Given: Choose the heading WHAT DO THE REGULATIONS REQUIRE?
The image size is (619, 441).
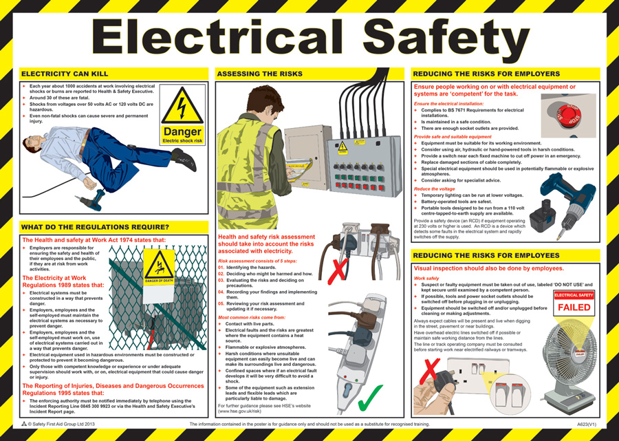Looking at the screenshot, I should (95, 228).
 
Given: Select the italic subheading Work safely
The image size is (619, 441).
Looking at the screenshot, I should (427, 278).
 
